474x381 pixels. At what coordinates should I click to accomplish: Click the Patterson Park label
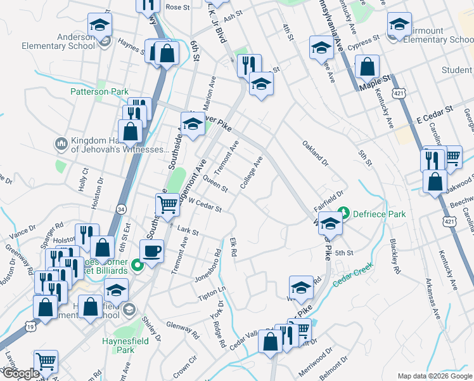point(99,91)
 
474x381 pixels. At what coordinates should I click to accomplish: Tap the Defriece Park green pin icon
point(343,212)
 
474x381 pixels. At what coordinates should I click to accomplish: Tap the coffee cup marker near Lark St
point(152,251)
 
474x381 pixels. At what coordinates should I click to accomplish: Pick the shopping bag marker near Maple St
point(367,65)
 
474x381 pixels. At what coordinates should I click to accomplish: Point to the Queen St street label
point(215,184)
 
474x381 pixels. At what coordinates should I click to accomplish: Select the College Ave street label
point(251,173)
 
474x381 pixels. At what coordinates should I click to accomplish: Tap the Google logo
point(20,373)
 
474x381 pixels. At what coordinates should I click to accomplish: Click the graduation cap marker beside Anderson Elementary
point(99,25)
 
